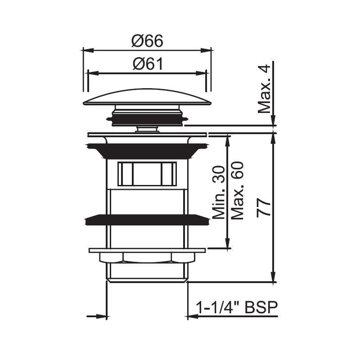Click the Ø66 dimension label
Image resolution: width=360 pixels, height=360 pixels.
click(x=147, y=41)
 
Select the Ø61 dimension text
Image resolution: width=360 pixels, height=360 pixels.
click(x=147, y=64)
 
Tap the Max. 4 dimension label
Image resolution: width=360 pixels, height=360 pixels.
click(x=265, y=89)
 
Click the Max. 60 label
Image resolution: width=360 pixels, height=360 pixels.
click(x=238, y=191)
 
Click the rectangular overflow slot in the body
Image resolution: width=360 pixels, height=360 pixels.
click(x=147, y=174)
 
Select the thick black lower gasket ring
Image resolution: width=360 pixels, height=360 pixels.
click(x=147, y=220)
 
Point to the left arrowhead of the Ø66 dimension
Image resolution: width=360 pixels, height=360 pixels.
click(x=86, y=50)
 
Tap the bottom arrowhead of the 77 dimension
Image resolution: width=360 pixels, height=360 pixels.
click(x=273, y=279)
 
